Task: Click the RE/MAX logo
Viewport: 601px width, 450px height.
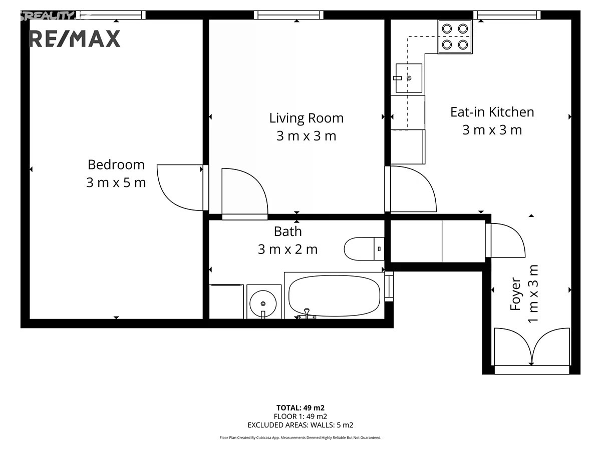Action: (x=75, y=38)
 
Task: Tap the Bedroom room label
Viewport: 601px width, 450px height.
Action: (x=116, y=164)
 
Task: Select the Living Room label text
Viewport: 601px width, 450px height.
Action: (x=306, y=118)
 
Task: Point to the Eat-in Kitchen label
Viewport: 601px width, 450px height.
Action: (x=492, y=112)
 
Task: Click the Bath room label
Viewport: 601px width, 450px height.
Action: (x=288, y=231)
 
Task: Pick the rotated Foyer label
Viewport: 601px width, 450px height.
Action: (x=515, y=294)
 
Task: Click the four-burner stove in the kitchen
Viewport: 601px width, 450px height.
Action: (x=455, y=36)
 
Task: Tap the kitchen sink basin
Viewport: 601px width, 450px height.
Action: (x=409, y=78)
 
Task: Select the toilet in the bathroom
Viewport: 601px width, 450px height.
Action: (x=364, y=248)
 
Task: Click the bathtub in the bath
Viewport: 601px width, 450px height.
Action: (x=334, y=295)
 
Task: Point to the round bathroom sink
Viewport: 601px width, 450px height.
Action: (x=263, y=303)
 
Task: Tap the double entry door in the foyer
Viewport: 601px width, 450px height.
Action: (x=532, y=347)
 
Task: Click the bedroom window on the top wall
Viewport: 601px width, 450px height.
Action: (x=111, y=15)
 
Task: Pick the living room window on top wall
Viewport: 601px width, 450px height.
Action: (x=288, y=15)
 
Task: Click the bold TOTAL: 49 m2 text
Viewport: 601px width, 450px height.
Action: (x=300, y=407)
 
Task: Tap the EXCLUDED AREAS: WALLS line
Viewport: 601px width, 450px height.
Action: (x=300, y=425)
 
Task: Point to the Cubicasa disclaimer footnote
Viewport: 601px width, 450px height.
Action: (x=300, y=437)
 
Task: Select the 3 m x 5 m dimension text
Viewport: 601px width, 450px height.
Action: (x=116, y=182)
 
